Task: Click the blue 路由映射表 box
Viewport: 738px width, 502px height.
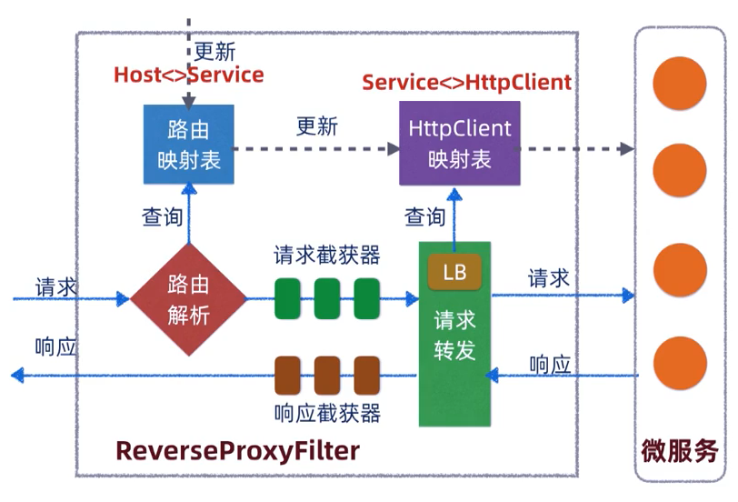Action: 188,144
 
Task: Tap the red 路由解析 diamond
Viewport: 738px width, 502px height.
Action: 188,299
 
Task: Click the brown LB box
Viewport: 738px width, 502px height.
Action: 454,272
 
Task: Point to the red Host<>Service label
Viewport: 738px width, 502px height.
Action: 188,75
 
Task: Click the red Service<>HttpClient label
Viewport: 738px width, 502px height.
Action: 466,82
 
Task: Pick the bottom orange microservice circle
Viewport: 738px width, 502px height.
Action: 681,363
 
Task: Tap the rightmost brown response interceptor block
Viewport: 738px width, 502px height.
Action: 366,376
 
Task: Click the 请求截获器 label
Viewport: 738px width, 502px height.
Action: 326,254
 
